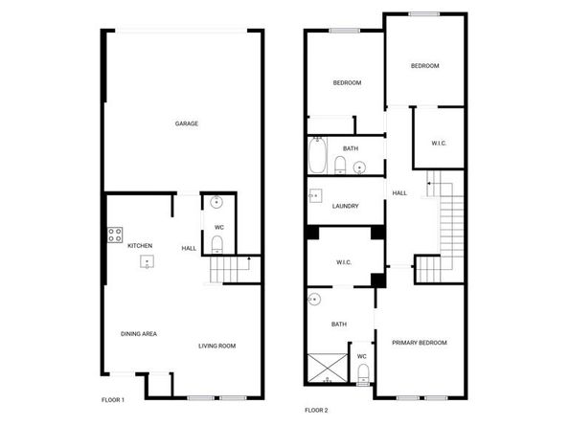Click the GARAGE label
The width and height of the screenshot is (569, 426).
[187, 123]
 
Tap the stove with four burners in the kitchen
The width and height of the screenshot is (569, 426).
[115, 235]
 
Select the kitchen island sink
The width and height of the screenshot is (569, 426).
[147, 261]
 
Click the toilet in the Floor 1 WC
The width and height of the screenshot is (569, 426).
[217, 244]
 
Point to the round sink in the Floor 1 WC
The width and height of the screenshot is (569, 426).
[216, 202]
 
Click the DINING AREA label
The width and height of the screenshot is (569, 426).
[139, 334]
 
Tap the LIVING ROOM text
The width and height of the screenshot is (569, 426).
[217, 346]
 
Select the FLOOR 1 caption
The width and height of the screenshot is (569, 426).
[113, 400]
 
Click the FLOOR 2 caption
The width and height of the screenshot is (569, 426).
[316, 410]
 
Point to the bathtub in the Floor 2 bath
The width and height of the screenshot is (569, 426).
[317, 155]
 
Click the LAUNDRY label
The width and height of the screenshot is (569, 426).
[346, 206]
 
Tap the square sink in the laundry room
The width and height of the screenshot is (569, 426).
[315, 196]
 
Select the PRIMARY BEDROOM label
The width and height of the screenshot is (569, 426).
[420, 343]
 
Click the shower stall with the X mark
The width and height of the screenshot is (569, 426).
[328, 368]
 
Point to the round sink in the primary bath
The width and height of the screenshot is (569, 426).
[314, 300]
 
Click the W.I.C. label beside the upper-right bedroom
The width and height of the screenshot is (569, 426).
[439, 144]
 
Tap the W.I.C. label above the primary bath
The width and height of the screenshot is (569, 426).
[344, 262]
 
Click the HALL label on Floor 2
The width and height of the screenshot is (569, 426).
[399, 193]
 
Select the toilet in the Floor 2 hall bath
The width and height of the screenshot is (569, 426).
[340, 165]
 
